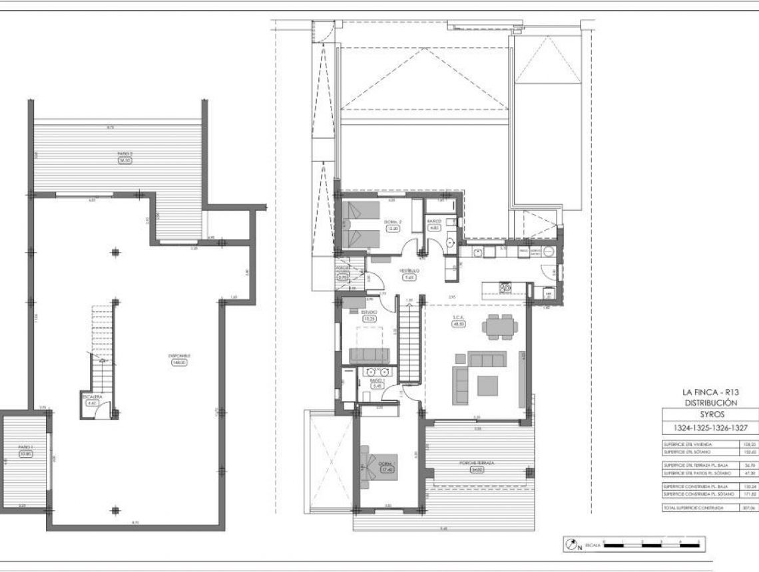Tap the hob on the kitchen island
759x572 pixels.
click(x=505, y=287)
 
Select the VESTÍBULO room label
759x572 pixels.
click(x=409, y=271)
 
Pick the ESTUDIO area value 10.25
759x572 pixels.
click(x=369, y=319)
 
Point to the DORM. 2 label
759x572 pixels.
click(x=392, y=221)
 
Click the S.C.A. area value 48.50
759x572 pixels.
click(x=459, y=323)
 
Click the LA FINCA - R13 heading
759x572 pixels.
click(x=710, y=393)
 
